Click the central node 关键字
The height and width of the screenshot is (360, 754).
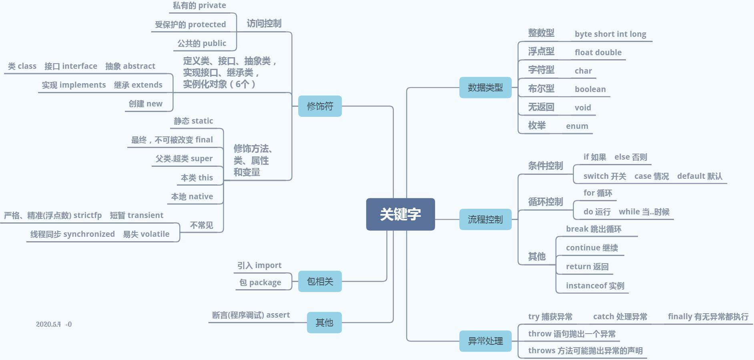[x=400, y=214]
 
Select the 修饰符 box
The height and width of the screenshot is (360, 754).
[x=320, y=106]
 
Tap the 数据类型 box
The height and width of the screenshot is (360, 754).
[x=485, y=88]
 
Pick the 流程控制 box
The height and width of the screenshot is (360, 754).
[x=485, y=220]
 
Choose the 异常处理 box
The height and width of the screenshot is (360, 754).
[x=485, y=341]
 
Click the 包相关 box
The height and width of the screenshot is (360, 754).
[x=320, y=282]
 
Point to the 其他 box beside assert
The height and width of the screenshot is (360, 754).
[x=324, y=323]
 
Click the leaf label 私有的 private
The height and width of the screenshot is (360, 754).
[x=199, y=6]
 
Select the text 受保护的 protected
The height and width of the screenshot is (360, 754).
[x=191, y=25]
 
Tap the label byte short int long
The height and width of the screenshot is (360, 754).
[x=610, y=34]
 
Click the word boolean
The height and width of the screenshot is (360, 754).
[x=590, y=90]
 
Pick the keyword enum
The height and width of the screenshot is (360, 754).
[x=577, y=126]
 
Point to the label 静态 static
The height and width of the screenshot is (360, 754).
[x=193, y=121]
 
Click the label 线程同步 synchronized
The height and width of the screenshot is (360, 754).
[x=72, y=234]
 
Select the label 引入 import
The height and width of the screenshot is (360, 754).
[x=259, y=266]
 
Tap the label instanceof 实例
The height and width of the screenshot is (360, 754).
[x=595, y=286]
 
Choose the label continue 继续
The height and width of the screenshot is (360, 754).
[x=592, y=248]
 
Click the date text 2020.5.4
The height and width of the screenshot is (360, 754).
[x=48, y=324]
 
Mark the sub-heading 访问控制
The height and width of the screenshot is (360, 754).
[x=264, y=24]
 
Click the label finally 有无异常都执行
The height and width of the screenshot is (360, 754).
[x=708, y=317]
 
